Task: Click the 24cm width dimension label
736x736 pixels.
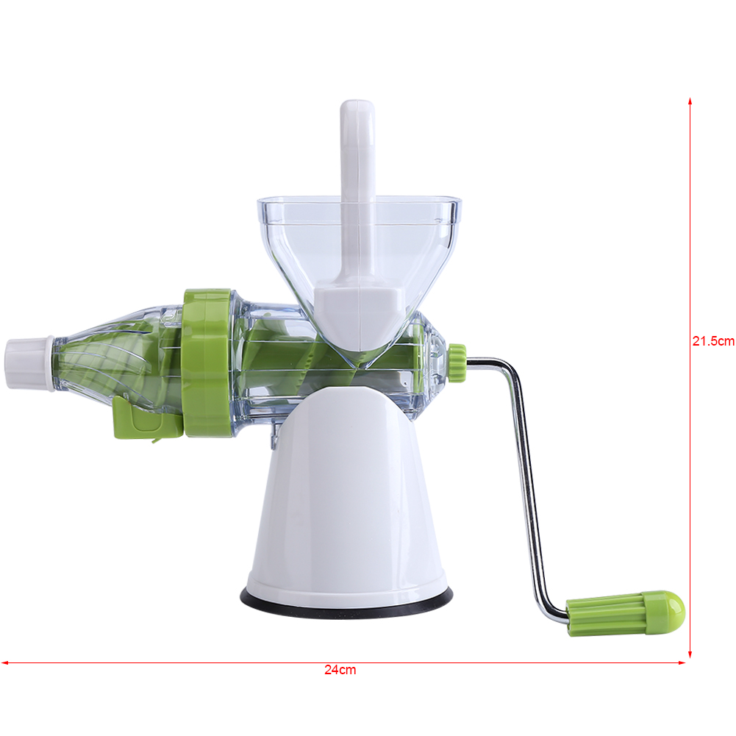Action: [x=340, y=670]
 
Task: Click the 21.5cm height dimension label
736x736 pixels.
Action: [x=712, y=341]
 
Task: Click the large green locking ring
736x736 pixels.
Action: [x=207, y=364]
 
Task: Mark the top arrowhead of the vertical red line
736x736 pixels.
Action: [x=690, y=100]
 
